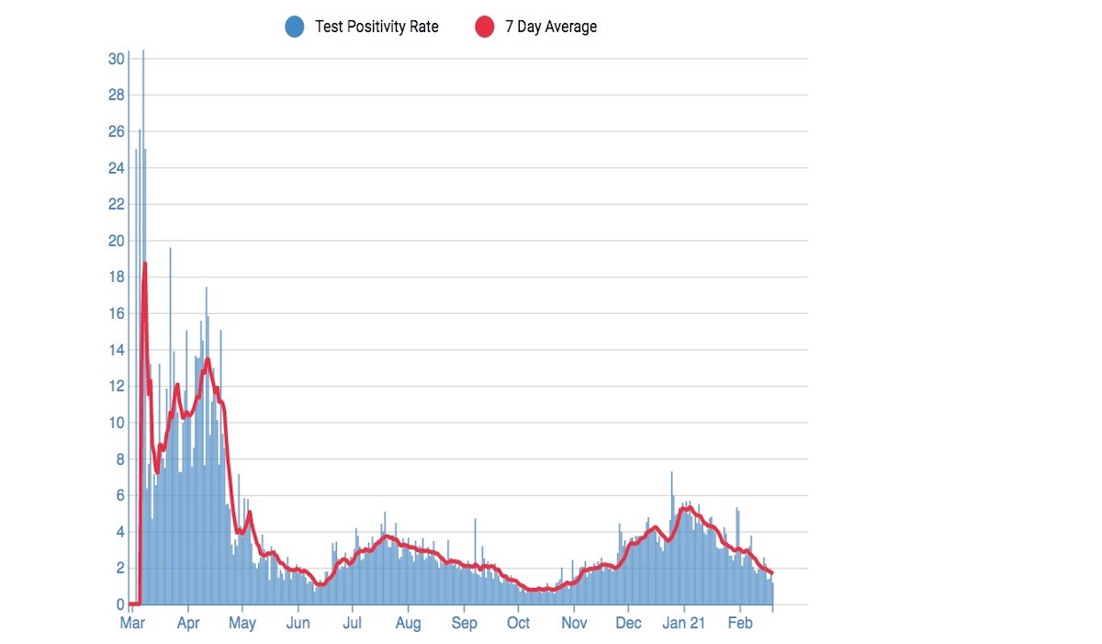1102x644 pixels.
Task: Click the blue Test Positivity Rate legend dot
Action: click(295, 27)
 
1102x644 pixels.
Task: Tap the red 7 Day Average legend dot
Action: click(485, 27)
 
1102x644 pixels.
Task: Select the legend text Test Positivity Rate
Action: click(377, 27)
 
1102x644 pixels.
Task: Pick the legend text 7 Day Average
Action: click(551, 27)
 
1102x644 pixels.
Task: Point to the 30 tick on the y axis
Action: click(116, 59)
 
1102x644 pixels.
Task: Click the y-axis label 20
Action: click(116, 241)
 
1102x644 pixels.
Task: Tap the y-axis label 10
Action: click(116, 423)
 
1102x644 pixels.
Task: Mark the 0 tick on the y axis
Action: click(119, 604)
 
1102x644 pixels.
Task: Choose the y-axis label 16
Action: click(116, 313)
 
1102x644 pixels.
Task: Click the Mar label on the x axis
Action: click(133, 624)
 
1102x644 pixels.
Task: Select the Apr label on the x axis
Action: click(187, 624)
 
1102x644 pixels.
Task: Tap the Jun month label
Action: click(298, 624)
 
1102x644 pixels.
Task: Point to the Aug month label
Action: click(409, 624)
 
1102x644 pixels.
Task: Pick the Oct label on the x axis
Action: click(519, 624)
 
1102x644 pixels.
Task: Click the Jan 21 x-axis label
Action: click(684, 624)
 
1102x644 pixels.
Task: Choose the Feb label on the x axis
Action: click(740, 624)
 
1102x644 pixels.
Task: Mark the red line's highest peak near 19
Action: click(145, 264)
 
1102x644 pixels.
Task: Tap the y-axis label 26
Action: click(116, 131)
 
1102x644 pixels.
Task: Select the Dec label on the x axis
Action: click(629, 624)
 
